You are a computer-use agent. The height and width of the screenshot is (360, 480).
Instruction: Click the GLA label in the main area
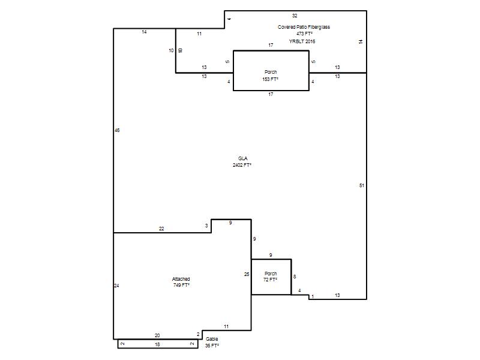point(243,158)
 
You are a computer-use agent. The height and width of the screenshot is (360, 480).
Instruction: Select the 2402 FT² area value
point(242,165)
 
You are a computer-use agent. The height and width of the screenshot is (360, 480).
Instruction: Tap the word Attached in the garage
point(181,279)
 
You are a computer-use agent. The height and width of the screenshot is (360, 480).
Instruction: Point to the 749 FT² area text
point(182,285)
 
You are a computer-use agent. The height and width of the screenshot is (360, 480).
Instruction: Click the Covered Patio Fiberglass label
point(304,27)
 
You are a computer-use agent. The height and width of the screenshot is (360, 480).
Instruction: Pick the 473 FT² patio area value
point(305,34)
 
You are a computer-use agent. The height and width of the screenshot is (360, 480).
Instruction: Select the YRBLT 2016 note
point(302,41)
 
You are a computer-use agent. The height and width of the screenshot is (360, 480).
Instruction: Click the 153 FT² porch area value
point(271,79)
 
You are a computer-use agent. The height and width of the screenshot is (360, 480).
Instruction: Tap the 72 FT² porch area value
point(271,280)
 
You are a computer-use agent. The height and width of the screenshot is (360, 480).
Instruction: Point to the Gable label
point(212,339)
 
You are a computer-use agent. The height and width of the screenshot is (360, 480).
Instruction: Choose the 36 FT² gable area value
point(212,346)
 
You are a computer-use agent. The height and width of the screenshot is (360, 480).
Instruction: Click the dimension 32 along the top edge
point(295,16)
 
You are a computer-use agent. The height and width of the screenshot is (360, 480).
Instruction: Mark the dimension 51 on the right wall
point(362,185)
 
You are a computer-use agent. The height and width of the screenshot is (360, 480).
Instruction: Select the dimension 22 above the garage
point(161,229)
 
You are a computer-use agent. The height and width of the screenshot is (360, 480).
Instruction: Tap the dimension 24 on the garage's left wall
point(116,286)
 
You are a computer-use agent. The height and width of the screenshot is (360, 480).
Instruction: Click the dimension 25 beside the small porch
point(247,274)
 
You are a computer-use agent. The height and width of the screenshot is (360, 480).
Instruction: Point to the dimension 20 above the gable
point(157,335)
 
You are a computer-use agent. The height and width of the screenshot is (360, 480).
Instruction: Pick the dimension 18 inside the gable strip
point(157,344)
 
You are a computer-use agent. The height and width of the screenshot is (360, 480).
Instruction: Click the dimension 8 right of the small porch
point(295,277)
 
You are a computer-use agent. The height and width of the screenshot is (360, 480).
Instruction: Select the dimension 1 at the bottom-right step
point(313,296)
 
